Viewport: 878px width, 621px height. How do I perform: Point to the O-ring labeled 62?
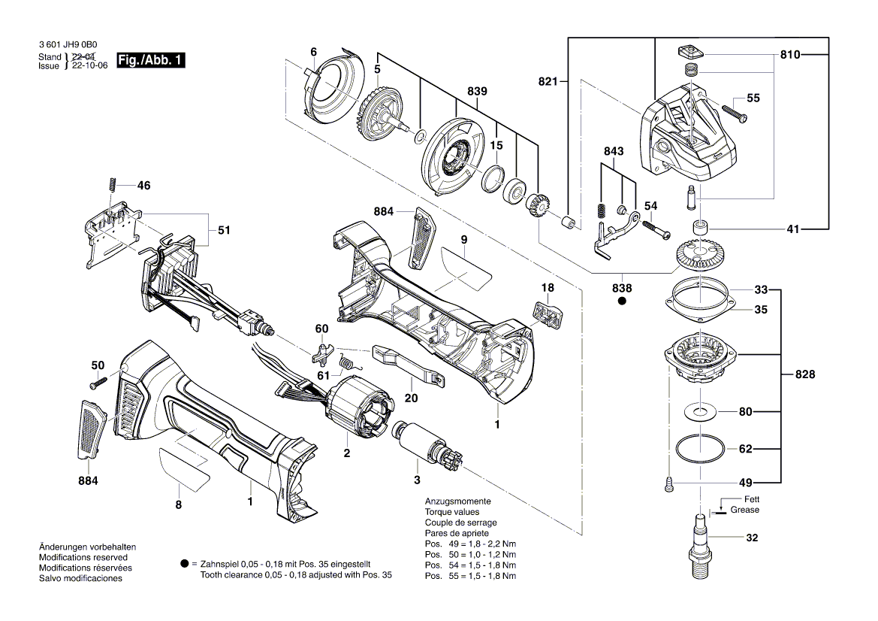click(x=700, y=450)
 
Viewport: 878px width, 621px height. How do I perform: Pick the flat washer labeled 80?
click(x=700, y=411)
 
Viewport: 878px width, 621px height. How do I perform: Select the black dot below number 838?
click(x=622, y=301)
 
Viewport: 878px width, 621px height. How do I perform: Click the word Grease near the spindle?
click(x=744, y=510)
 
